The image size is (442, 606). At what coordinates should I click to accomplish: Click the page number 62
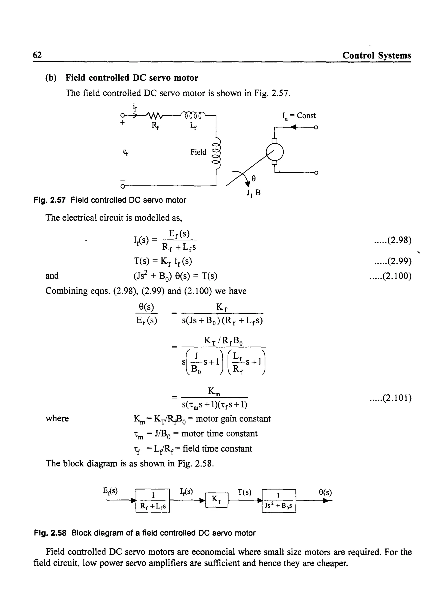37,55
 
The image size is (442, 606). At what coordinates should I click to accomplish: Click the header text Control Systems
376,55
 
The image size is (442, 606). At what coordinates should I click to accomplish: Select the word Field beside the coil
198,152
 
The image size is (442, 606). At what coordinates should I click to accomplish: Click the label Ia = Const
299,116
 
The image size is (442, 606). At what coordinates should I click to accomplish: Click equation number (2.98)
393,240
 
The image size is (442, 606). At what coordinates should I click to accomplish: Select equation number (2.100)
390,276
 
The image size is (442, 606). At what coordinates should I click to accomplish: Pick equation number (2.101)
390,398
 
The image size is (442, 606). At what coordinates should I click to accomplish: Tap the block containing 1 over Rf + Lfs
153,500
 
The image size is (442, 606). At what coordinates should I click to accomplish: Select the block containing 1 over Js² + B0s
279,500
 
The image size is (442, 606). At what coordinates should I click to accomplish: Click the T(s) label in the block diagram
245,492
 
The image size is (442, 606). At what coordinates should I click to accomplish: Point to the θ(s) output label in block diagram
325,492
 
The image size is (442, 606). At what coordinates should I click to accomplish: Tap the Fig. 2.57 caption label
49,200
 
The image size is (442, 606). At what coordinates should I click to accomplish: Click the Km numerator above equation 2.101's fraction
214,392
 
